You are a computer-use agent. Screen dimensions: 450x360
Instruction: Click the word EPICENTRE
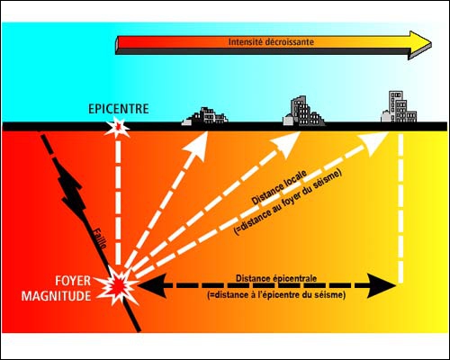pyautogui.click(x=119, y=109)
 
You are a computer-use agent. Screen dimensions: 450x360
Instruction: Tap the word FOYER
pyautogui.click(x=73, y=281)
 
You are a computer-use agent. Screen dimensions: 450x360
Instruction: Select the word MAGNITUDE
pyautogui.click(x=56, y=296)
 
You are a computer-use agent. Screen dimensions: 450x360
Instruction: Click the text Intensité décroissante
pyautogui.click(x=271, y=41)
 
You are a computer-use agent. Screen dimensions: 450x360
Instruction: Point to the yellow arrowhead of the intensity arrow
pyautogui.click(x=420, y=42)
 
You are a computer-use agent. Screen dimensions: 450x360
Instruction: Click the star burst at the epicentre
pyautogui.click(x=117, y=128)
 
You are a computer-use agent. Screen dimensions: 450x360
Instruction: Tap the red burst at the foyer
pyautogui.click(x=118, y=286)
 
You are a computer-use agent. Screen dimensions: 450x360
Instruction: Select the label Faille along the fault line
pyautogui.click(x=99, y=238)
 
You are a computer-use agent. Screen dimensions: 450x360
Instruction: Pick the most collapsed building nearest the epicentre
pyautogui.click(x=205, y=116)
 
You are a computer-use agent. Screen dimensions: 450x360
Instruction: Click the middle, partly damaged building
pyautogui.click(x=303, y=111)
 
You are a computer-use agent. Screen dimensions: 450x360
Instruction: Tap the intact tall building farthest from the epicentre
pyautogui.click(x=400, y=107)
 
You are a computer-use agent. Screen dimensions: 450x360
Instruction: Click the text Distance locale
pyautogui.click(x=279, y=188)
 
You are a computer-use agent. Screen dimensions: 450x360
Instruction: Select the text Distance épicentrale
pyautogui.click(x=276, y=278)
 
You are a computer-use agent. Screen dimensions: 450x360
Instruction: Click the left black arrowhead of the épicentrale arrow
pyautogui.click(x=151, y=286)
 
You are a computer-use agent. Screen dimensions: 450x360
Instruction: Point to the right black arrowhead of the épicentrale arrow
pyautogui.click(x=382, y=286)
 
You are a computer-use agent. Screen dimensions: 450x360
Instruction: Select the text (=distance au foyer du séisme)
pyautogui.click(x=288, y=203)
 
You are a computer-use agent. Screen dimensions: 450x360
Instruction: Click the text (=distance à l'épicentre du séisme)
pyautogui.click(x=276, y=295)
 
